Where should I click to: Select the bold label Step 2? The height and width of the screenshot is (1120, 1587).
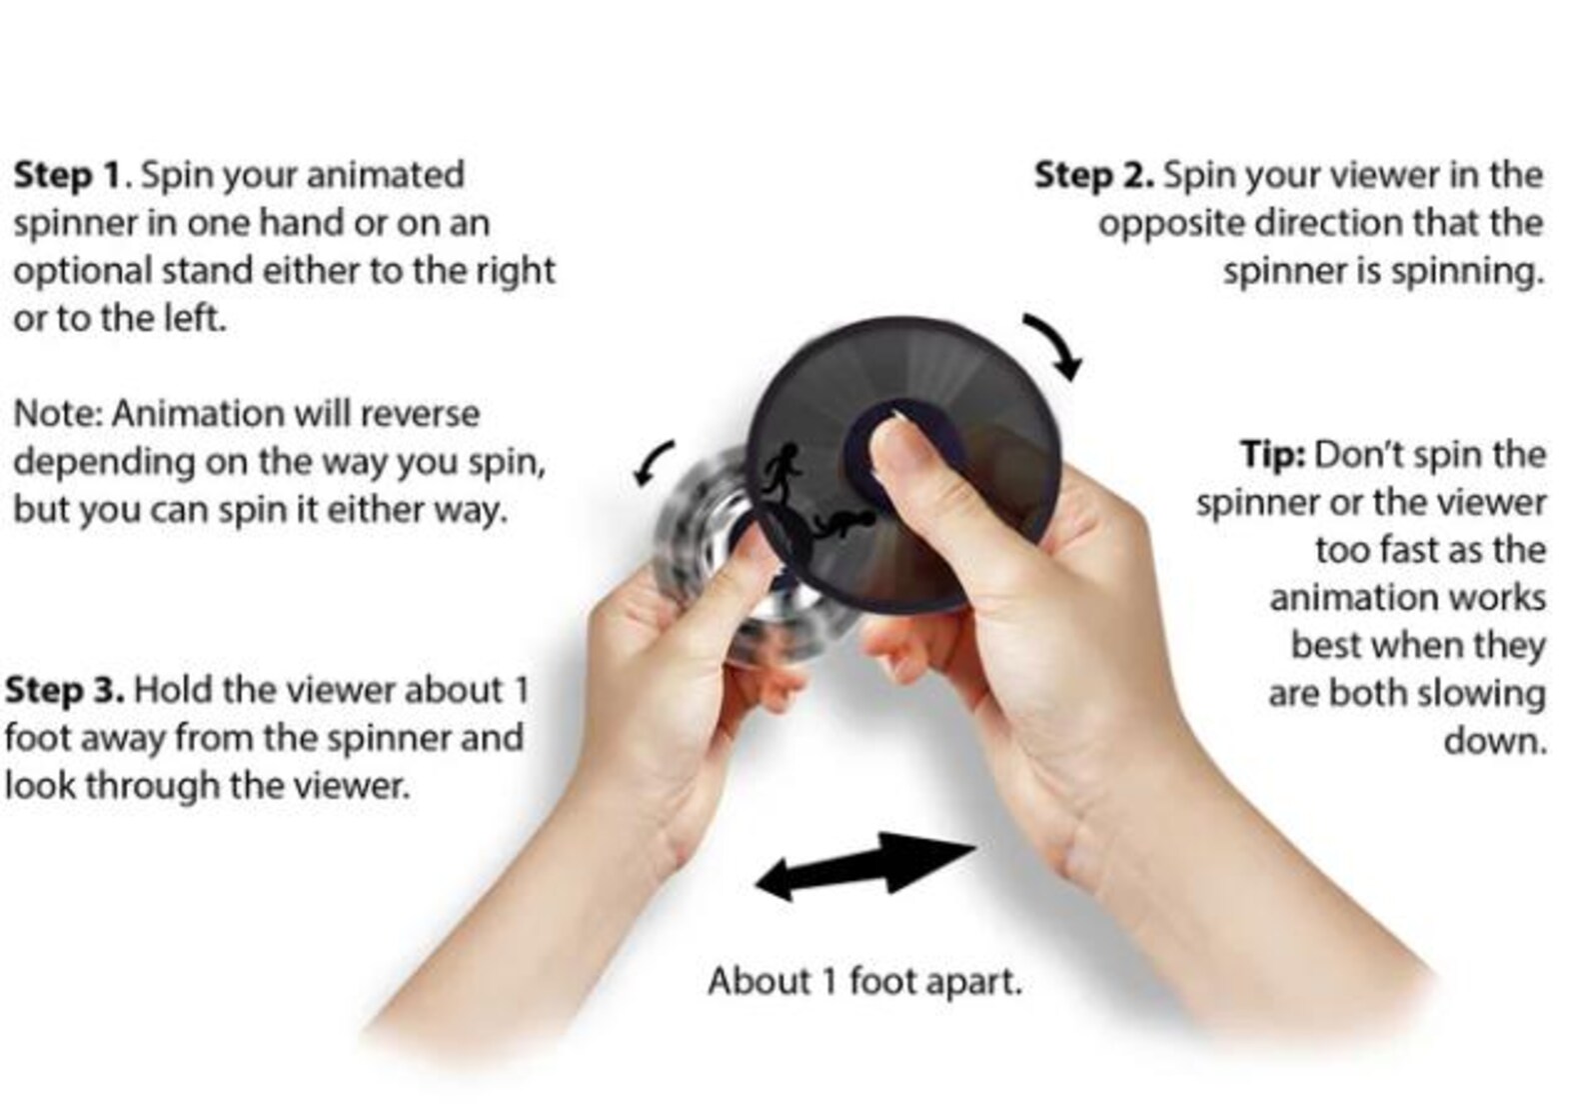coord(1093,175)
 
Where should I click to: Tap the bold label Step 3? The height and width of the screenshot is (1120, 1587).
coord(65,690)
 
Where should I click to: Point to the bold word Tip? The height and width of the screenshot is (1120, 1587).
coord(1272,455)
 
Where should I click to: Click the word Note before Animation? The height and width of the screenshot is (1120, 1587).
coord(58,414)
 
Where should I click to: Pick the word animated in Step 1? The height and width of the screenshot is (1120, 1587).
coord(385,175)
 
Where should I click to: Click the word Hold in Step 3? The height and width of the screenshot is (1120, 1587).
coord(172,690)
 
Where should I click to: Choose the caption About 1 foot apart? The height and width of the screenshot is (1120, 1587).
coord(864,981)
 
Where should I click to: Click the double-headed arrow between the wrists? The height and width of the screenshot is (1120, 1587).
coord(863,863)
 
